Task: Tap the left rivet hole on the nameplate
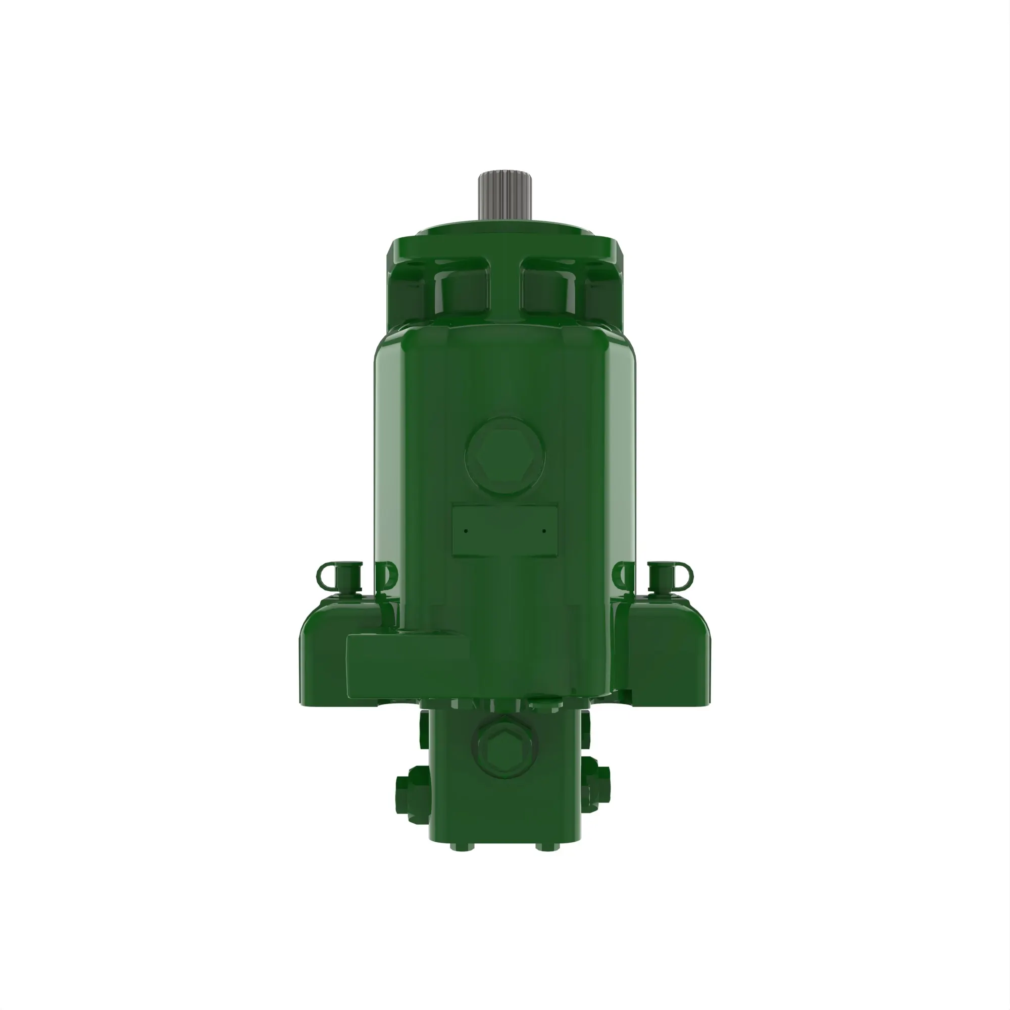(x=466, y=531)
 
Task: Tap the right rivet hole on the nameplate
(x=544, y=531)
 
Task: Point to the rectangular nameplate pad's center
(x=504, y=531)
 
